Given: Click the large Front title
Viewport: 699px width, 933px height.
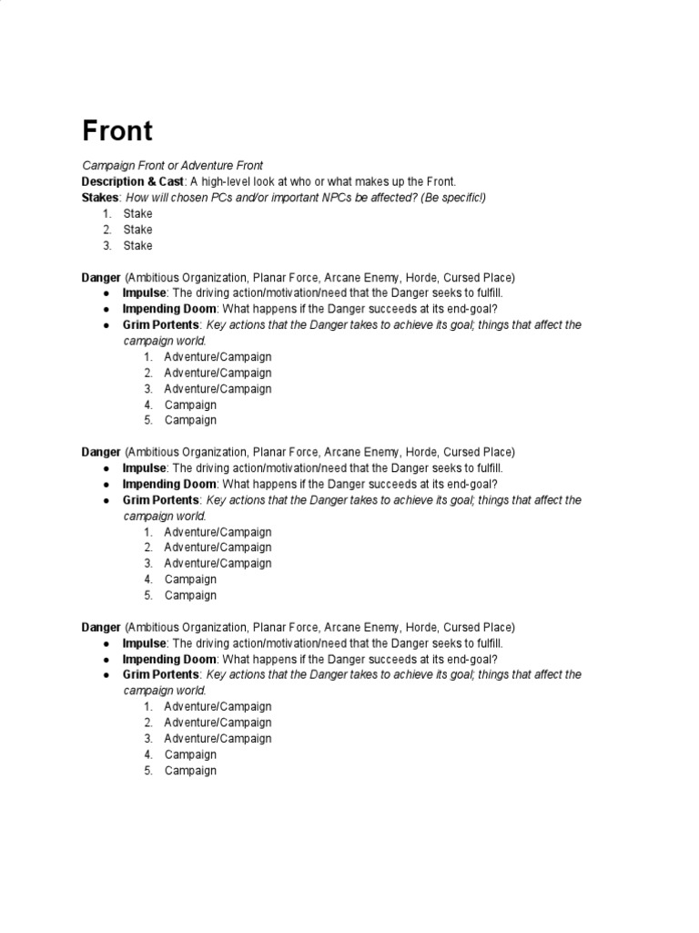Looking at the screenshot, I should (117, 131).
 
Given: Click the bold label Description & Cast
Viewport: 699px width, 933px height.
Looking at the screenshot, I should (132, 181).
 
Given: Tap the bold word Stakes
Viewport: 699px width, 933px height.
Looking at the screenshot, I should (100, 198).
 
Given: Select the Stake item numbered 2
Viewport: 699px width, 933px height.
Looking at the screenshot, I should (138, 230).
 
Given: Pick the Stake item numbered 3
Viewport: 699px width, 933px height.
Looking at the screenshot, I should (138, 245).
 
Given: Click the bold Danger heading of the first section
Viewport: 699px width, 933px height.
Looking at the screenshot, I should (101, 277).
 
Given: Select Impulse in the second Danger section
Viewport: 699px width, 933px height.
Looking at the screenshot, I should (144, 468).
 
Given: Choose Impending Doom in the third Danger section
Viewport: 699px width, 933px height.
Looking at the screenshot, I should (169, 659).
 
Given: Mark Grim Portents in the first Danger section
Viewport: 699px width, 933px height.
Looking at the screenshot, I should (160, 325).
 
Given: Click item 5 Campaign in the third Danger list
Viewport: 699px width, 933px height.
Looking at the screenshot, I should (190, 770).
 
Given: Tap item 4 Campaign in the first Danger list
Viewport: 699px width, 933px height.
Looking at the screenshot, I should (190, 405).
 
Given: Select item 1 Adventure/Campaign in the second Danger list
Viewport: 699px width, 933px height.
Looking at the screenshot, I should (218, 532).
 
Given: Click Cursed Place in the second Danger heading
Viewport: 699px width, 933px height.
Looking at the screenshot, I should (478, 452).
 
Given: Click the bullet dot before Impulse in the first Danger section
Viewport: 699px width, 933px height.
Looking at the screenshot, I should (106, 293).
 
